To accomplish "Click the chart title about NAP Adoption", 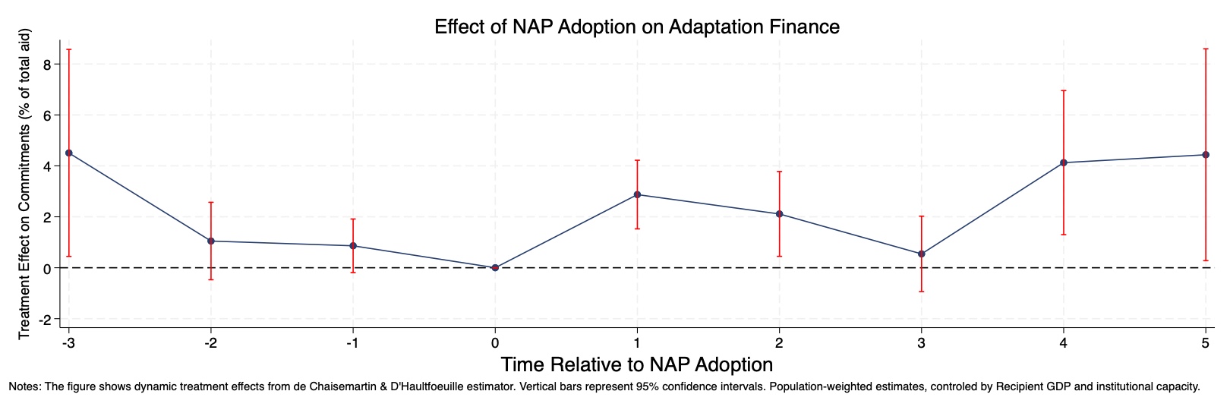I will click(636, 27).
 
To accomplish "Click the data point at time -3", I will click(69, 153).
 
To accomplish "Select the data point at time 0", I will click(495, 267).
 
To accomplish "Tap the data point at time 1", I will click(637, 194).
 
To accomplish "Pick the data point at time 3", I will click(922, 254).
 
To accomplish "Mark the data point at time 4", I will click(1064, 162).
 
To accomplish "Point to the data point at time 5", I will click(1206, 155).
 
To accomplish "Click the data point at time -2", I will click(211, 241).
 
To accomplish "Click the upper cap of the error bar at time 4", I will click(1064, 90).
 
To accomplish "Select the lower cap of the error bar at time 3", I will click(922, 292).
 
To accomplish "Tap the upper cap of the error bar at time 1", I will click(637, 160).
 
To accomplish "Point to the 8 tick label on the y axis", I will click(46, 65).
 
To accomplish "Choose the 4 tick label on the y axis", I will click(46, 166).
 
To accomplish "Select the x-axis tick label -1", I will click(352, 342).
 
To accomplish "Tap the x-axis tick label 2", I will click(779, 342).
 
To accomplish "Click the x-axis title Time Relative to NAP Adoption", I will click(636, 364).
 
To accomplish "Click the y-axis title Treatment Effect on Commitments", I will click(24, 184).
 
